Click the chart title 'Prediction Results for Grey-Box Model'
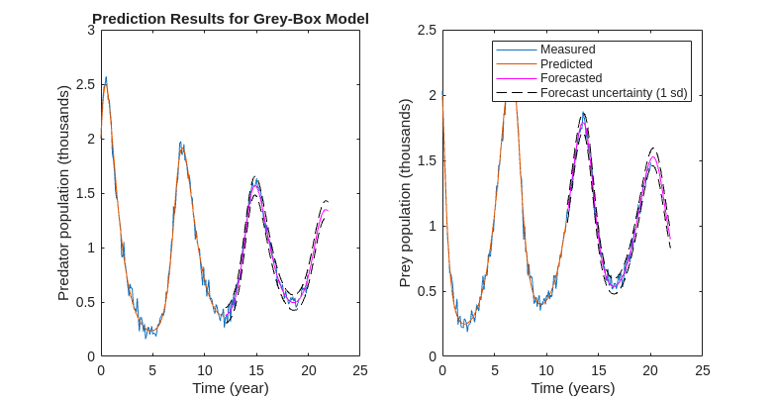[230, 19]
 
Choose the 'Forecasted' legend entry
[571, 77]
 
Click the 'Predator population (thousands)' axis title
[64, 193]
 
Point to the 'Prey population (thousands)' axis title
[405, 193]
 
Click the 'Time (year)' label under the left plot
[230, 387]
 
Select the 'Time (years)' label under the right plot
[572, 387]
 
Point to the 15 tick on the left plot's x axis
[256, 369]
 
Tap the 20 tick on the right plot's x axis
[650, 369]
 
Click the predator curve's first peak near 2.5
[106, 78]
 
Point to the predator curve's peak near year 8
[181, 144]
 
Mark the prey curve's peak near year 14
[584, 115]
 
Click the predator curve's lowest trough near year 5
[148, 334]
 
